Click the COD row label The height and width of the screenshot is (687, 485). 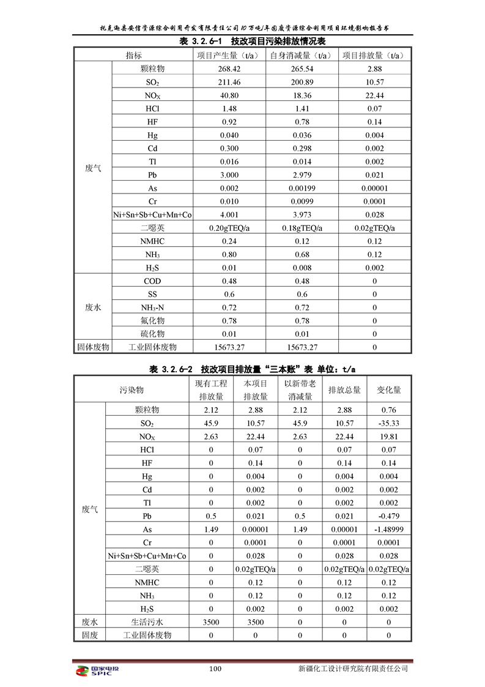(x=152, y=282)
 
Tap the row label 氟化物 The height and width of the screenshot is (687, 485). (x=152, y=321)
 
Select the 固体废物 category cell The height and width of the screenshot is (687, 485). (x=93, y=347)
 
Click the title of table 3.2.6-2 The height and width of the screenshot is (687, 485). (x=252, y=369)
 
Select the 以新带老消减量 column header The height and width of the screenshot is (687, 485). (x=300, y=389)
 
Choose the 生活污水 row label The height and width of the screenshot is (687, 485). (x=147, y=622)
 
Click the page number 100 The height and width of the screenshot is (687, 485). (x=215, y=669)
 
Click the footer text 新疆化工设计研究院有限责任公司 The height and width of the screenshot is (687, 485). (x=351, y=669)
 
